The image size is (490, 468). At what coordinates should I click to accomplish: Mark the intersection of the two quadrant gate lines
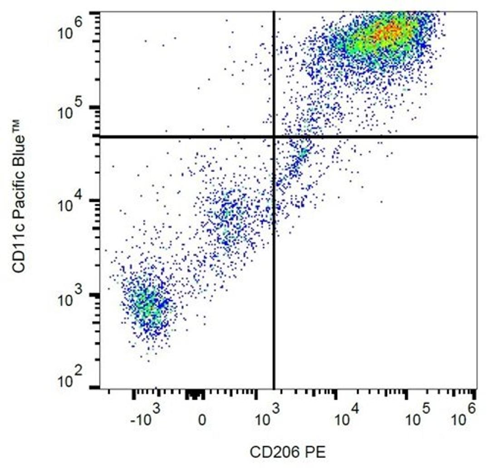[274, 136]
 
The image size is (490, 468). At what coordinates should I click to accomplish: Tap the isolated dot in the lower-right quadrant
[381, 201]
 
